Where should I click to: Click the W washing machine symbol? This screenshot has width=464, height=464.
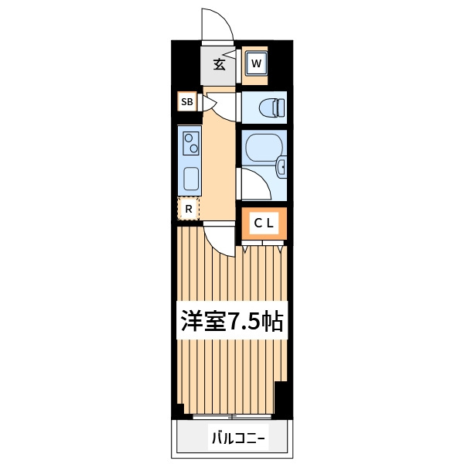257,63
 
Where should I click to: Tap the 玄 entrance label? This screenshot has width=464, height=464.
220,64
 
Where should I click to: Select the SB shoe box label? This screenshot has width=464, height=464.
187,102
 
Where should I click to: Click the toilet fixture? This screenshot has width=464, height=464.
271,107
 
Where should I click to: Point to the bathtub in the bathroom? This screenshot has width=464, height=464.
264,148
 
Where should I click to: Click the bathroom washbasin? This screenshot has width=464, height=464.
281,168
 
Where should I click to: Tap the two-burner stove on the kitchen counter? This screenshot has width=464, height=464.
191,144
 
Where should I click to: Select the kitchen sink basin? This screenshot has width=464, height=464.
191,179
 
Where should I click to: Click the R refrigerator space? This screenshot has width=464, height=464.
189,209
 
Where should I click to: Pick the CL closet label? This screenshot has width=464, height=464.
264,223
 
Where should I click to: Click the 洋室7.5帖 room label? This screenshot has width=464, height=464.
232,321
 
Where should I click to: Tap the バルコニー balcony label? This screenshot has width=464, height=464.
238,438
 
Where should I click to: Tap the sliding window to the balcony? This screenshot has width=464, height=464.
232,417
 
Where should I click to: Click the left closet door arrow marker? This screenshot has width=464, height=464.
244,249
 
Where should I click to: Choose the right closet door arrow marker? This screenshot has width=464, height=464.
280,249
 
